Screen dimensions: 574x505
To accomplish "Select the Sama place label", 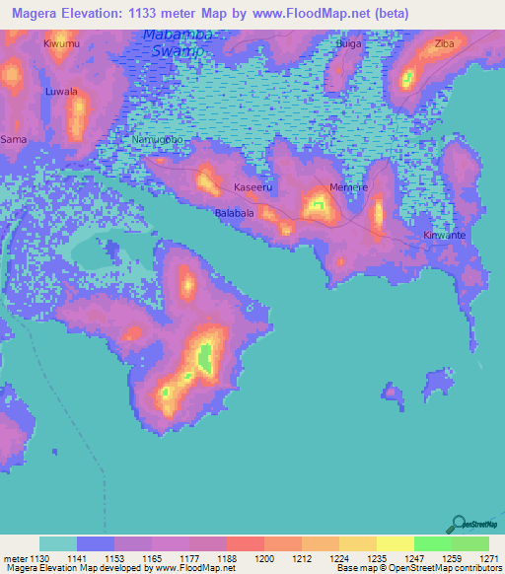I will (14, 140).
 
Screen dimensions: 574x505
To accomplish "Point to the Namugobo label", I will (159, 140).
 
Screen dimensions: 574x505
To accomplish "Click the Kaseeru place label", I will (252, 186).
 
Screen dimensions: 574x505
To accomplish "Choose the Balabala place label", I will (235, 212).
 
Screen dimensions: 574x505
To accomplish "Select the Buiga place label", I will (348, 45).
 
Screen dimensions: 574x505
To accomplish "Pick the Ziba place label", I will (445, 45).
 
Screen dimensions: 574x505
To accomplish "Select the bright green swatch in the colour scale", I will (432, 543).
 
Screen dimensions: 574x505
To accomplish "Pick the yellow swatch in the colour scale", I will (395, 543).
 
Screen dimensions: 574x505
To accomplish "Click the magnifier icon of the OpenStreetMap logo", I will (458, 525).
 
